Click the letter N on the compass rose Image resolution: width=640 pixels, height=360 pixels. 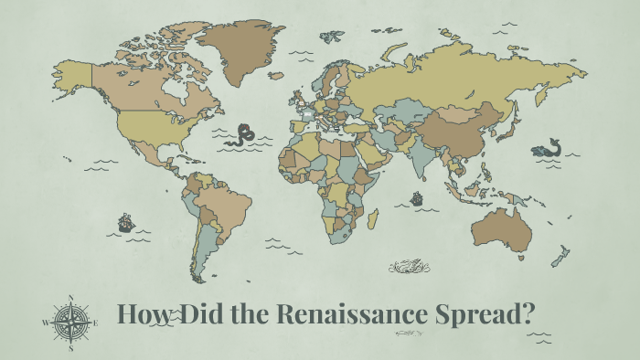pyautogui.click(x=71, y=297)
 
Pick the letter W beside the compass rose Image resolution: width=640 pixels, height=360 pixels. pyautogui.click(x=46, y=323)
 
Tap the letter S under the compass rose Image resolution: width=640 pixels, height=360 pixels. pyautogui.click(x=71, y=348)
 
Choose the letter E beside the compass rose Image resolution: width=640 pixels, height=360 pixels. pyautogui.click(x=97, y=323)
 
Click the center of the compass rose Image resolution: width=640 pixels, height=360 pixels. pyautogui.click(x=71, y=323)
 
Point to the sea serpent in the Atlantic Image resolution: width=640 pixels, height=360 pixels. pyautogui.click(x=242, y=135)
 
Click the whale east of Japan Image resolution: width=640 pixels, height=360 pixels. pyautogui.click(x=548, y=148)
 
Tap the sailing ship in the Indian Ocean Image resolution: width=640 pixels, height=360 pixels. pyautogui.click(x=417, y=197)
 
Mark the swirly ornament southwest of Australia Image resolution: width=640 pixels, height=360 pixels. pyautogui.click(x=404, y=267)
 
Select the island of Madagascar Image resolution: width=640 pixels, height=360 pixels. pyautogui.click(x=372, y=219)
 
